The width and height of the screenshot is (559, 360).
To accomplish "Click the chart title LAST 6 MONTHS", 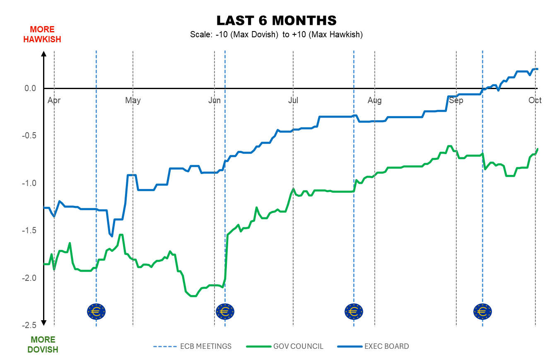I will click(276, 20).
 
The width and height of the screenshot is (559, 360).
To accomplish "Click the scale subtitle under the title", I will click(276, 35).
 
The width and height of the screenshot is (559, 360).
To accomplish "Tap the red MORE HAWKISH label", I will click(42, 34).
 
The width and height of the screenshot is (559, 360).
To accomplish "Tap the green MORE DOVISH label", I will click(43, 345).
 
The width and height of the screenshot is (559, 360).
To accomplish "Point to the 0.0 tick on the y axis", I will click(30, 88).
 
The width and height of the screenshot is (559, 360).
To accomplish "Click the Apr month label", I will click(54, 100).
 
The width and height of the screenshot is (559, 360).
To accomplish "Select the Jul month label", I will click(293, 100).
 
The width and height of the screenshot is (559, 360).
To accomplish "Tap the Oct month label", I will click(535, 100).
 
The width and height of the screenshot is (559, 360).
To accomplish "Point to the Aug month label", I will click(375, 100).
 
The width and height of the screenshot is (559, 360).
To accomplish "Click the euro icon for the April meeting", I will click(96, 311).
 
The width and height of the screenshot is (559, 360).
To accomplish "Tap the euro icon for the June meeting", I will click(225, 311).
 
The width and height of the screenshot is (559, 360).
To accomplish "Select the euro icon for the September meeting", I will click(482, 311).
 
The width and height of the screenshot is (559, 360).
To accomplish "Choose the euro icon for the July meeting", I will click(354, 311).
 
